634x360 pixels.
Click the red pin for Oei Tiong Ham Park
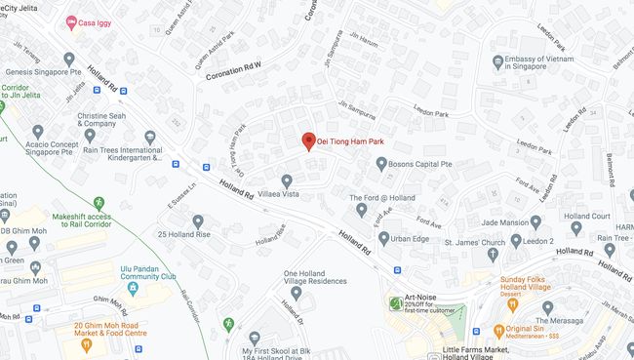308,141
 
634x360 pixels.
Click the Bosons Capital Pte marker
381,164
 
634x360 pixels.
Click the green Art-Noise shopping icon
394,303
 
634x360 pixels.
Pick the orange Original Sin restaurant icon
498,331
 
